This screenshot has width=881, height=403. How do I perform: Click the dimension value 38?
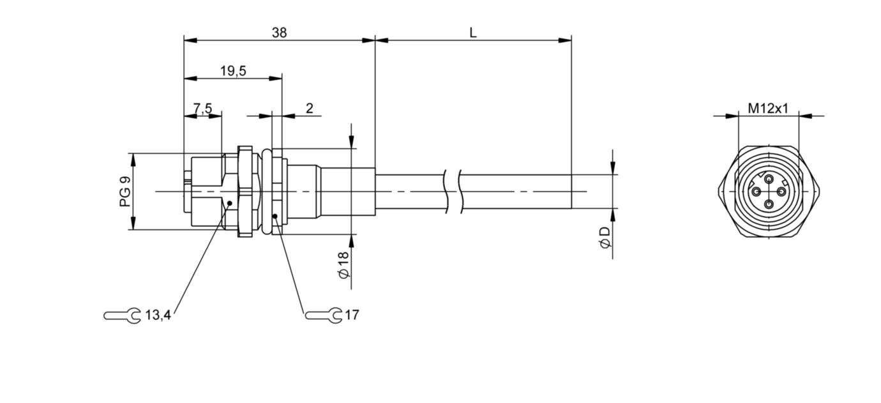click(279, 33)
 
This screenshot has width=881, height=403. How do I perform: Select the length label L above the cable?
click(473, 33)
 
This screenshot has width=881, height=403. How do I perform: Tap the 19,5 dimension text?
click(233, 72)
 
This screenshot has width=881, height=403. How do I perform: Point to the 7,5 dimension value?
click(202, 109)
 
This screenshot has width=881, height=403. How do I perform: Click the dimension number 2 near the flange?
click(309, 108)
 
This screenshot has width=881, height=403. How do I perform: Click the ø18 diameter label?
click(343, 264)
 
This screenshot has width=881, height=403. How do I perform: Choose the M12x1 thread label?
click(768, 108)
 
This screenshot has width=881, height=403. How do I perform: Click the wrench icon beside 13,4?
click(122, 315)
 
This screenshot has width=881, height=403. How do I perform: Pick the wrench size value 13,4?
click(158, 315)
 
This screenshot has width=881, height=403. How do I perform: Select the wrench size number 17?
click(352, 315)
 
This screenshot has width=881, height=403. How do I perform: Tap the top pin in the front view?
click(769, 178)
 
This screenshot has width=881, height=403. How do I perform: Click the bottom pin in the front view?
click(769, 204)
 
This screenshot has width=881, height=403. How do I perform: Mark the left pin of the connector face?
click(756, 191)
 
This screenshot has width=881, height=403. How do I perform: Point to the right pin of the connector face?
click(781, 191)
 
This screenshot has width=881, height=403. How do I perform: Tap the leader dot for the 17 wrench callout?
click(275, 216)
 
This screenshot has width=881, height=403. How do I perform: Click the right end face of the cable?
click(571, 191)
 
